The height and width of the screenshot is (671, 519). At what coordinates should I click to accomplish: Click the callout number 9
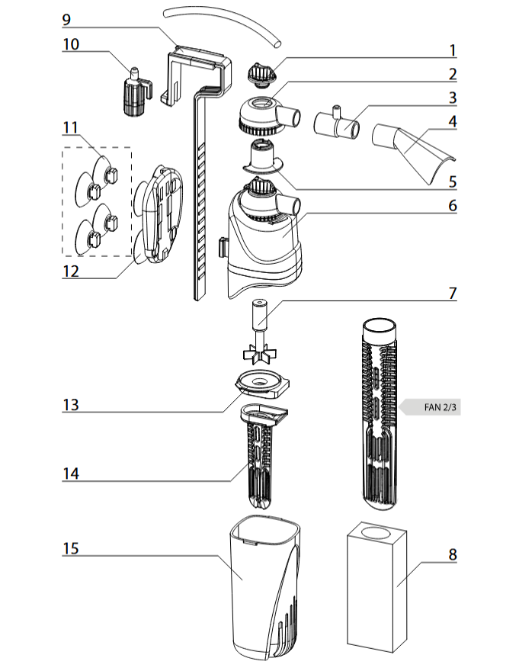66,20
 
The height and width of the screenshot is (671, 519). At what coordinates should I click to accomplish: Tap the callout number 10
71,44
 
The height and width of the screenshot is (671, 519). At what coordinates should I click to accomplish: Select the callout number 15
71,548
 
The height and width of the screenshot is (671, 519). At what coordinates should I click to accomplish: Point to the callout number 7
453,293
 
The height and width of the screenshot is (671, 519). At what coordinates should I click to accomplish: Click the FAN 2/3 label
440,407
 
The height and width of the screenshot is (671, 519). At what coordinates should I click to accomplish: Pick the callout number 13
71,405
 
